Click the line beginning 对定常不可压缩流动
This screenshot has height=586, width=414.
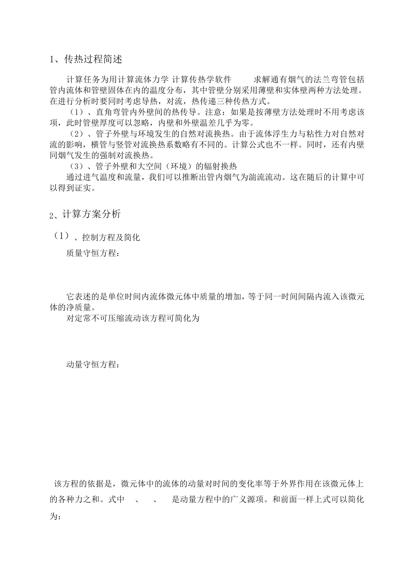click(x=132, y=318)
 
